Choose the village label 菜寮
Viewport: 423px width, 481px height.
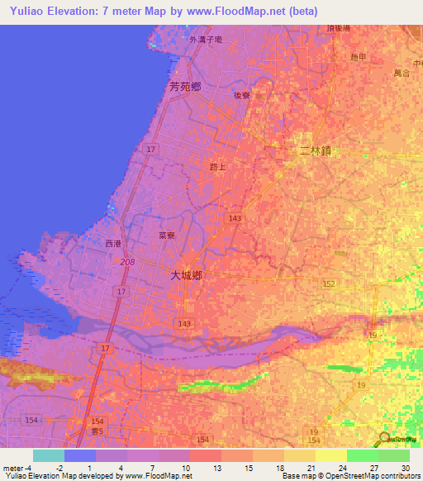[167, 236]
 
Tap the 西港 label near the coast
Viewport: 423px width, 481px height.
[113, 244]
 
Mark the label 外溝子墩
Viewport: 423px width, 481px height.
[206, 39]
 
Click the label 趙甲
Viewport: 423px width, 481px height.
[358, 56]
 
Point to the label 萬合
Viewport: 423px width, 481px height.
[402, 74]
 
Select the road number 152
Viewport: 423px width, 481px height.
[329, 283]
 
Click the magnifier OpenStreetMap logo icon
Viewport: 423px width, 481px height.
[384, 440]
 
